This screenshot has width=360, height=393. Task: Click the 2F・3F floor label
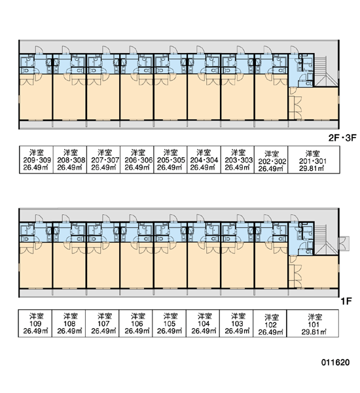[x=342, y=138]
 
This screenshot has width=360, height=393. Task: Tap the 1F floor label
[x=346, y=301]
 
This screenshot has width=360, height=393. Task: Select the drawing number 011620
[x=335, y=362]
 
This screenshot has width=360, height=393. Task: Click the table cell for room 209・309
[x=36, y=160]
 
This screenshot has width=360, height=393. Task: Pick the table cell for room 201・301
[x=314, y=160]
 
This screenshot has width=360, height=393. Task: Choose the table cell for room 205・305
[x=170, y=160]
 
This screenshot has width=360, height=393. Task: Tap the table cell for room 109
[x=35, y=324]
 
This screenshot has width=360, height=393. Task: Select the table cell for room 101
[x=313, y=324]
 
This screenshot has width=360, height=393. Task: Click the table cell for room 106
[x=135, y=324]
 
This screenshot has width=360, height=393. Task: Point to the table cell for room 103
[x=236, y=324]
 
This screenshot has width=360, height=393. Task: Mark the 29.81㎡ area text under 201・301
[x=312, y=168]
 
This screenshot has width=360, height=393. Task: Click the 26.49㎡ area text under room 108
[x=69, y=331]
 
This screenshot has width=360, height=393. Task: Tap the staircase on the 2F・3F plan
[x=321, y=71]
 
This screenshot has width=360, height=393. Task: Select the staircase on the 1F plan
[x=321, y=239]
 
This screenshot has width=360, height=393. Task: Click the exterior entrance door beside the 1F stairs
[x=344, y=244]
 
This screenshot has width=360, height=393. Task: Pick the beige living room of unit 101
[x=313, y=272]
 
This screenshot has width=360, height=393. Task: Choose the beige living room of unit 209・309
[x=36, y=97]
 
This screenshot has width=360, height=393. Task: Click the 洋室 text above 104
[x=204, y=316]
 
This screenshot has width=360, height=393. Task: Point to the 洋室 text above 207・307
[x=105, y=152]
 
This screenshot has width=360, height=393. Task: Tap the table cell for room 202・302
[x=272, y=160]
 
